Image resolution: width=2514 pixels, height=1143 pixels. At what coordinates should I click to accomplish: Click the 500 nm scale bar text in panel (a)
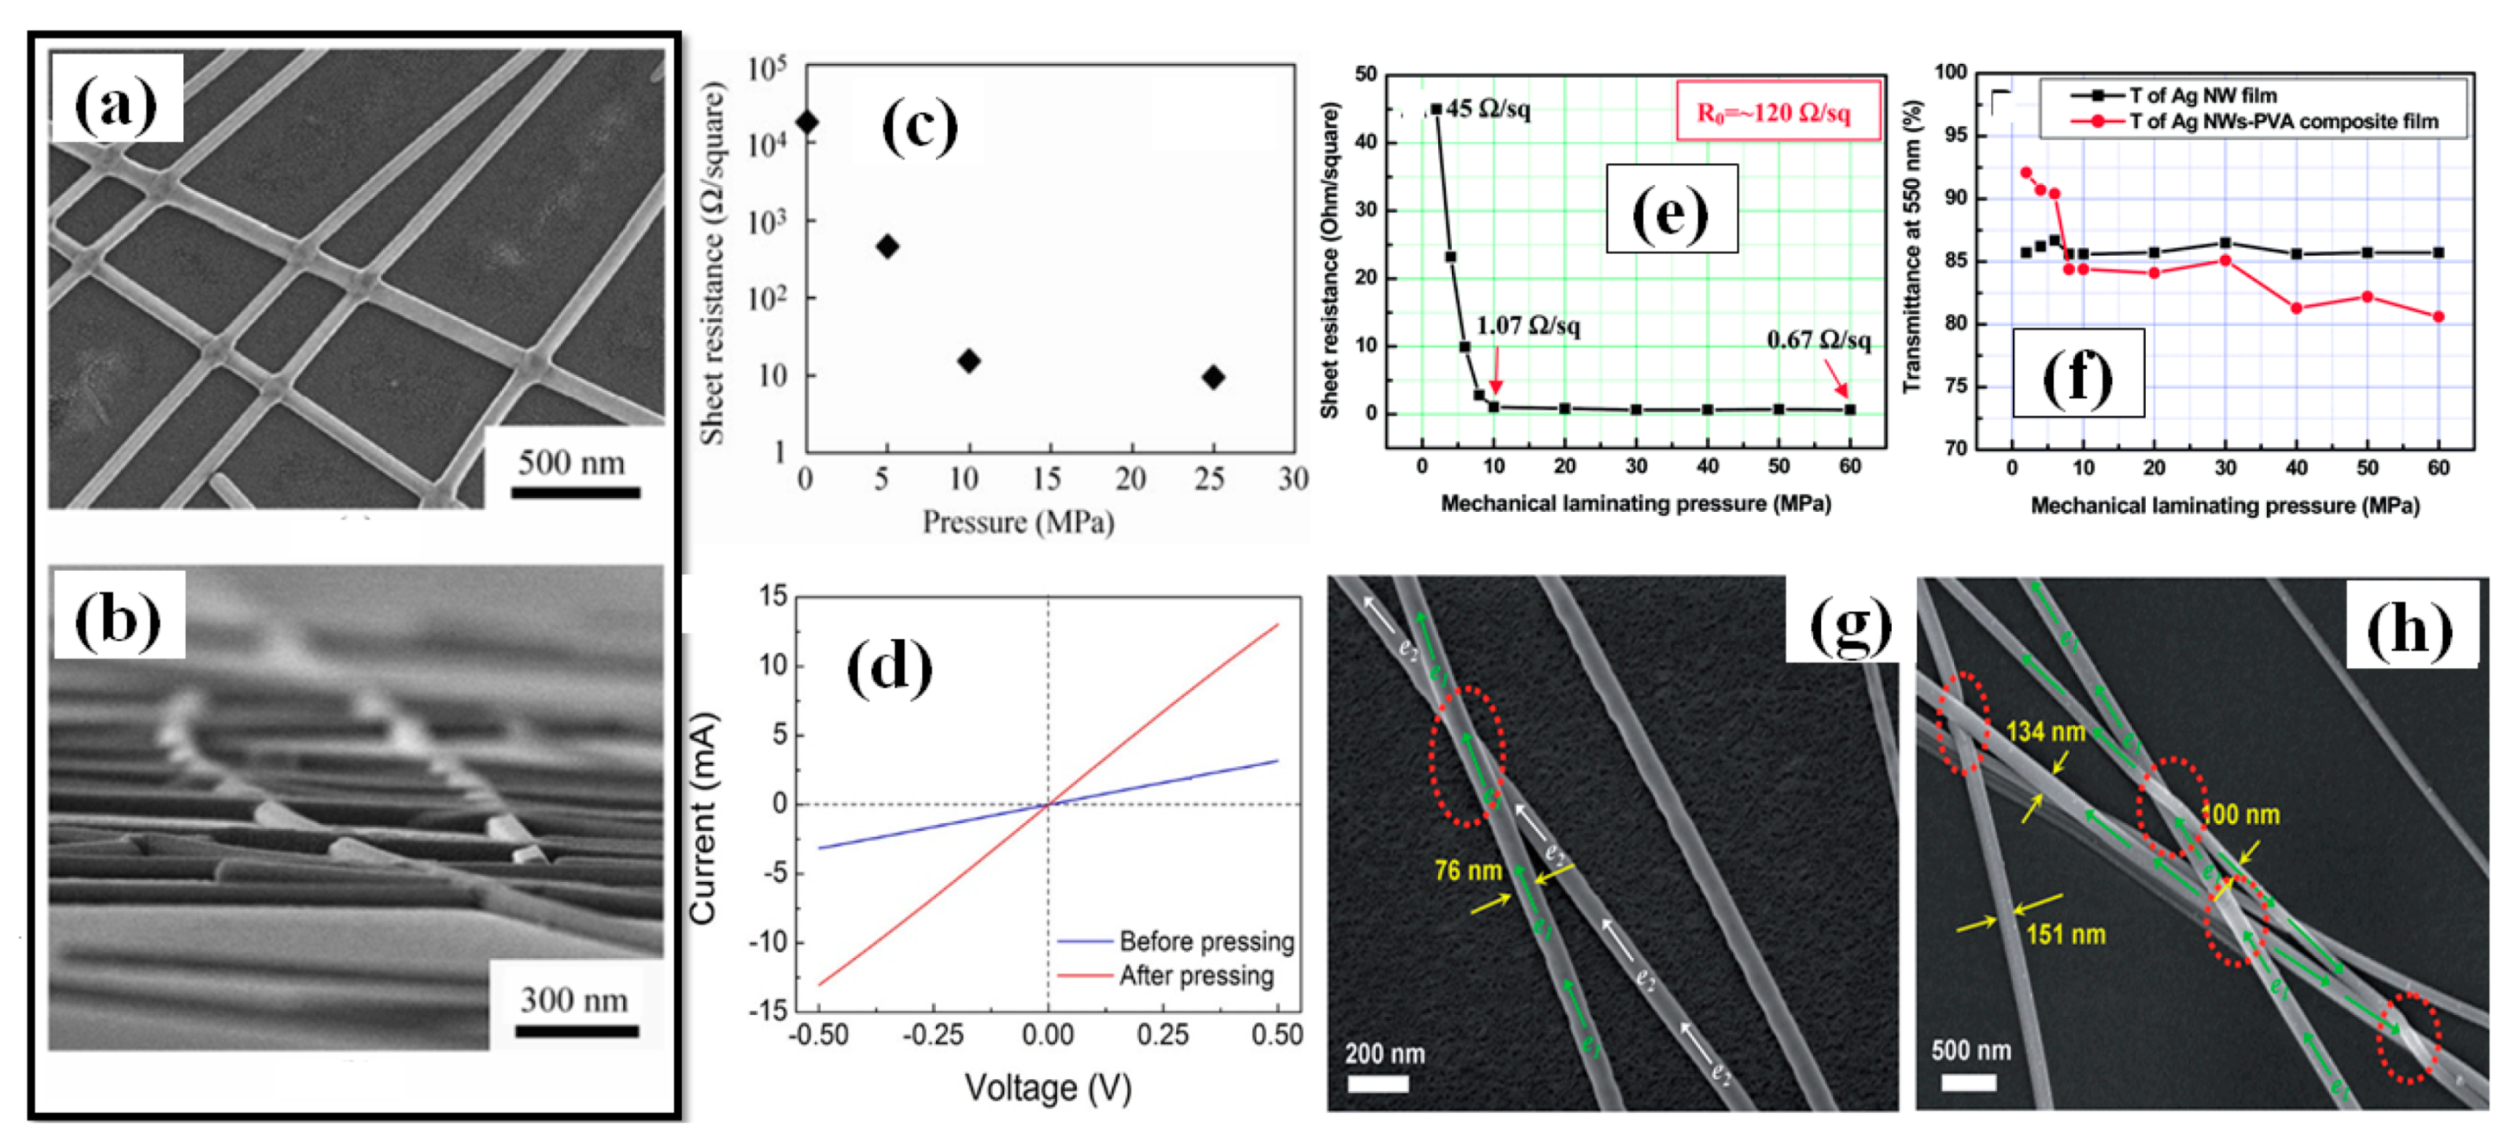coord(571,463)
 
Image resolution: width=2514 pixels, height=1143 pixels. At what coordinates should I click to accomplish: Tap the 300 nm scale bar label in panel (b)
coord(574,1001)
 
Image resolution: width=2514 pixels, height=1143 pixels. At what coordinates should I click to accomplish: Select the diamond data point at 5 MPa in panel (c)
coord(887,246)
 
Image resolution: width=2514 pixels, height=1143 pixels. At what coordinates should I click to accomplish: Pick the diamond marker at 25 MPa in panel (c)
coord(1213,378)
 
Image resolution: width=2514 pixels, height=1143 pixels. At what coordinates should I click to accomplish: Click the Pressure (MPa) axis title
coord(1018,523)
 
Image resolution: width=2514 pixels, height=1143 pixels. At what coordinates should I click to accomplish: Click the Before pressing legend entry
coord(1206,942)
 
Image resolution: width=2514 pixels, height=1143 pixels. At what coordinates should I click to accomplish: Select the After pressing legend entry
coord(1196,976)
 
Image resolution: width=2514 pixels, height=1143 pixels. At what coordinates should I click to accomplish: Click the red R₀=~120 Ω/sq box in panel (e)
coord(1777,112)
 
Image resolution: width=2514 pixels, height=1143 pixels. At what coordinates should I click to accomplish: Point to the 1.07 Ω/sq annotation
coord(1528,326)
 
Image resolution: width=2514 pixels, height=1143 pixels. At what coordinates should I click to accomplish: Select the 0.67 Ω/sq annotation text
coord(1818,341)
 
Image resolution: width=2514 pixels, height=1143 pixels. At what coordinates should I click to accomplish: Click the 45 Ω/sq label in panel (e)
coord(1487,109)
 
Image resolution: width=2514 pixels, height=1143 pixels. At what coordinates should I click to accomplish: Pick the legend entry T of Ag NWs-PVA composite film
coord(2283,122)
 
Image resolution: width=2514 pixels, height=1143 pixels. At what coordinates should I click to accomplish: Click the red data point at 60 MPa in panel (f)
coord(2438,316)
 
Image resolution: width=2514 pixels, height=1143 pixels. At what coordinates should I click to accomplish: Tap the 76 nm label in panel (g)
coord(1467,871)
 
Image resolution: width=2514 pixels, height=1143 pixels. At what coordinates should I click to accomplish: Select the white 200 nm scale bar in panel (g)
coord(1377,1083)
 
